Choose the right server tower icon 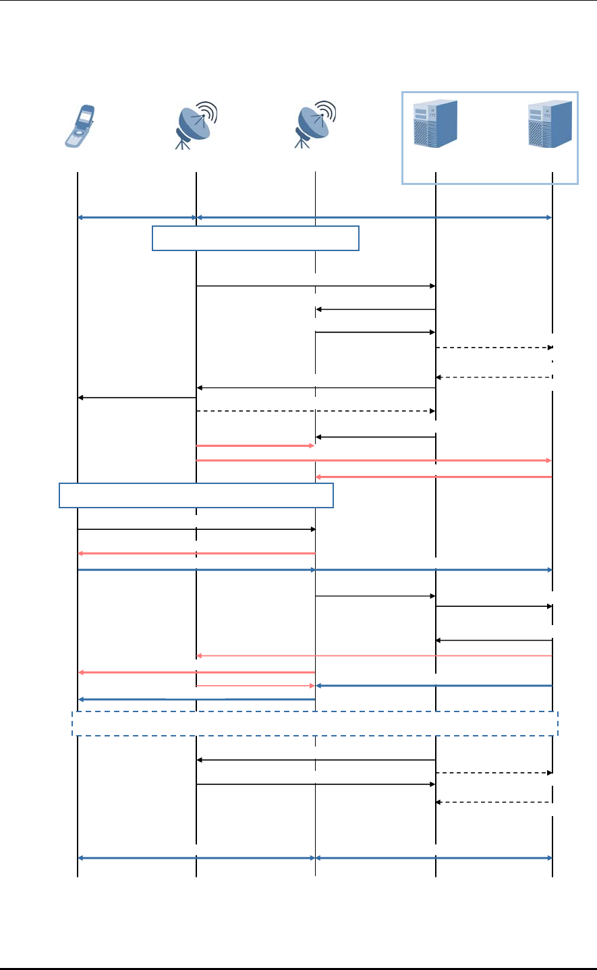pyautogui.click(x=550, y=124)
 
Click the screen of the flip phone pyautogui.click(x=85, y=116)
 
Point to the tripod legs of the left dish pyautogui.click(x=183, y=142)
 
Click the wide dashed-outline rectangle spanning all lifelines pyautogui.click(x=315, y=723)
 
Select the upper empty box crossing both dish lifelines pyautogui.click(x=255, y=238)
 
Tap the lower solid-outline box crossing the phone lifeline pyautogui.click(x=196, y=495)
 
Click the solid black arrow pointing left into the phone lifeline pyautogui.click(x=137, y=398)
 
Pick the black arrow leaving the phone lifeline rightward pyautogui.click(x=196, y=529)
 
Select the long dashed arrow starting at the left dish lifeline pyautogui.click(x=316, y=410)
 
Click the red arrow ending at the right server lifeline pyautogui.click(x=374, y=460)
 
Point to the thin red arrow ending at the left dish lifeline pyautogui.click(x=374, y=655)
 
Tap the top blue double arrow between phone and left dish pyautogui.click(x=137, y=217)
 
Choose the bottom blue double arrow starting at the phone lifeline pyautogui.click(x=196, y=858)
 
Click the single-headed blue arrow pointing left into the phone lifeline pyautogui.click(x=196, y=699)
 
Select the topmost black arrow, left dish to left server pyautogui.click(x=316, y=286)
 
